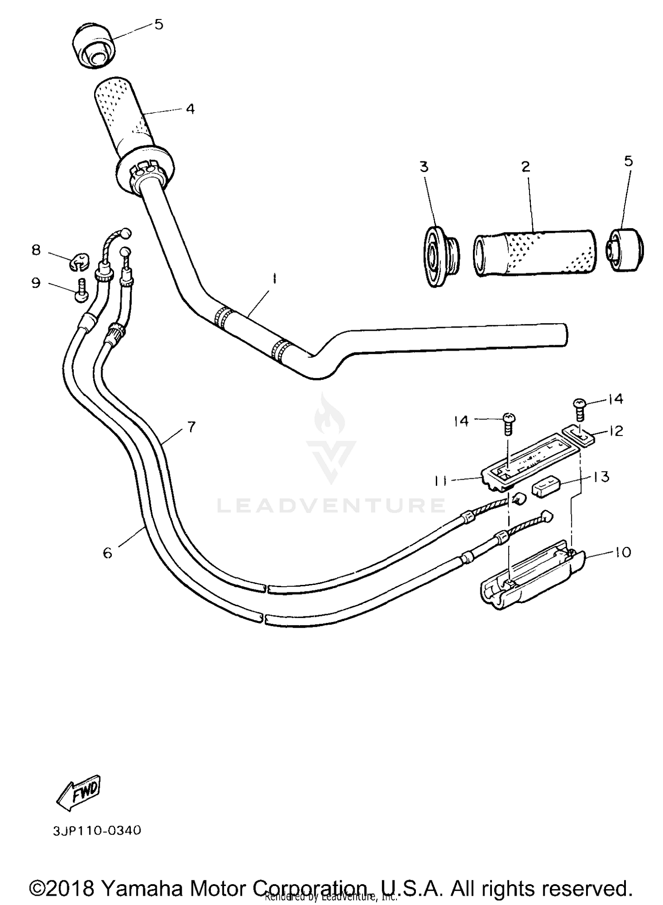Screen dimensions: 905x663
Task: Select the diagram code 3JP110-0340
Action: point(97,831)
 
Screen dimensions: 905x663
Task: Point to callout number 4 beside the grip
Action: point(190,109)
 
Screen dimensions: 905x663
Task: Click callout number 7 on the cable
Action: point(191,427)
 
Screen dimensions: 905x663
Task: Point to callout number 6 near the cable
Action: point(107,552)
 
